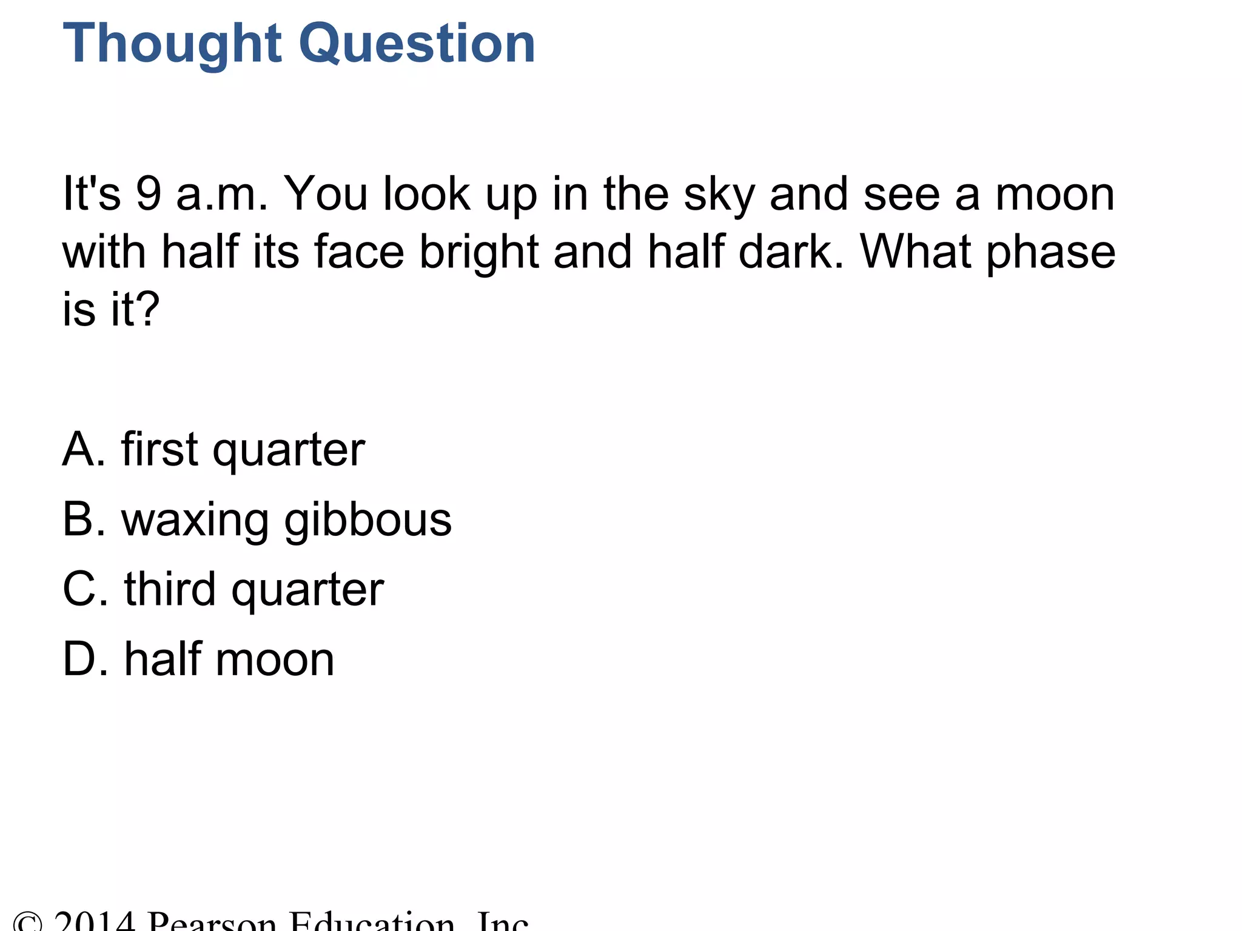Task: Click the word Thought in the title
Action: point(172,44)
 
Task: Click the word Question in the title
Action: point(418,44)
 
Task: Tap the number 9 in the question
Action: point(148,194)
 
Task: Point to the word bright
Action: point(479,252)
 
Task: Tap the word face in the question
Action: point(358,251)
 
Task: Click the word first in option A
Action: point(159,450)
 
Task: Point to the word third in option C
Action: point(170,589)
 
